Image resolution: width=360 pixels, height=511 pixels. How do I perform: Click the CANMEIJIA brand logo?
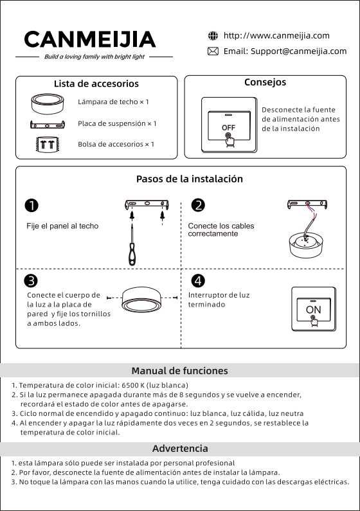click(90, 39)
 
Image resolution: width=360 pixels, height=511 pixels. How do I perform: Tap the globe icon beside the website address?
click(213, 35)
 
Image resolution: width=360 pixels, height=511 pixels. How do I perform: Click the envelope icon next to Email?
click(213, 51)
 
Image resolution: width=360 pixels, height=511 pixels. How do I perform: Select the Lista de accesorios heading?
click(96, 84)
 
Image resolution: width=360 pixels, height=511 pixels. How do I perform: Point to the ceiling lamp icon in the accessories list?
click(48, 104)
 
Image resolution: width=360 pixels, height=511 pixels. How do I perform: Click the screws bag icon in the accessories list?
click(47, 145)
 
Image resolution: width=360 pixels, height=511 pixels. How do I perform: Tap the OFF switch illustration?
click(229, 125)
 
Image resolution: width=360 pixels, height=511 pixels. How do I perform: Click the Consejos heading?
click(265, 82)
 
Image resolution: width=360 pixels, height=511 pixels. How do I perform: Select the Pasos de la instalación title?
click(190, 179)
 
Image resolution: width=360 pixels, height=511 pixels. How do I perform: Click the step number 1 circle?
click(32, 206)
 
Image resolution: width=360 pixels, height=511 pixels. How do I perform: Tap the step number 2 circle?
click(198, 205)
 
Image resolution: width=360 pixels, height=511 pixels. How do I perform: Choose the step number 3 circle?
click(31, 281)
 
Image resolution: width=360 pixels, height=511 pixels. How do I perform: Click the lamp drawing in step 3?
click(141, 299)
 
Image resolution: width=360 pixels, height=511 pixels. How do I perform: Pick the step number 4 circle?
click(198, 281)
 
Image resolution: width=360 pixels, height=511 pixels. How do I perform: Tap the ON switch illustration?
click(314, 309)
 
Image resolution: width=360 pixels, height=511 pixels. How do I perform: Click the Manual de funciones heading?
click(180, 371)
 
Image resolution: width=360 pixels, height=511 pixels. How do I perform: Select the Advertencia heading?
click(180, 449)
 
